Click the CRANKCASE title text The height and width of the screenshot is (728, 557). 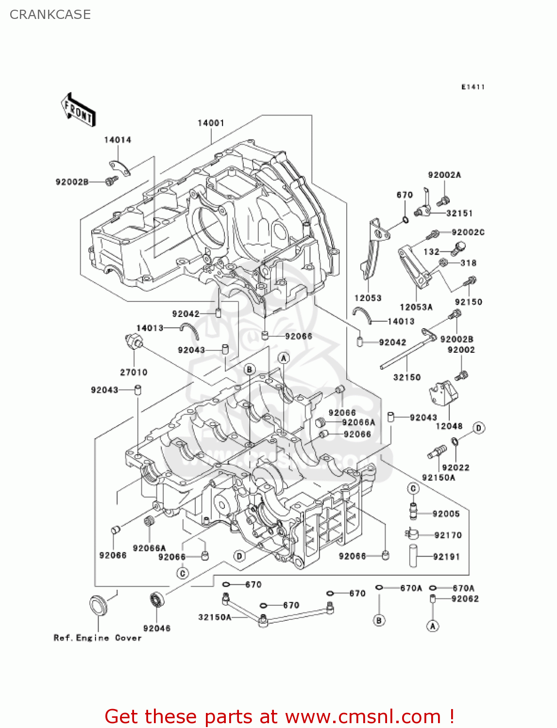(50, 15)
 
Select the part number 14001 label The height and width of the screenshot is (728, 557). (211, 123)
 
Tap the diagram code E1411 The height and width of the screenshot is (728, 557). (473, 87)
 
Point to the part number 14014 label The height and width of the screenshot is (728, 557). (118, 140)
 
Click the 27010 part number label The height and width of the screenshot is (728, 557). (134, 372)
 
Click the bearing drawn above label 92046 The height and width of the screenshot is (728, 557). (157, 600)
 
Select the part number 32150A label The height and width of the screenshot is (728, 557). (215, 617)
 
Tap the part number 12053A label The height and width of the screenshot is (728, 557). (416, 307)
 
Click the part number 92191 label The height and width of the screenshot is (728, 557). (446, 557)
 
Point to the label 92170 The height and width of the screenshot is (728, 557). (448, 535)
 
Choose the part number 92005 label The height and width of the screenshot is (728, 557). (446, 514)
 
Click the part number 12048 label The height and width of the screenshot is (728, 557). (449, 426)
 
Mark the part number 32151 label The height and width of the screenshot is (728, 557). (459, 213)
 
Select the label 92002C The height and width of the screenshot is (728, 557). (468, 232)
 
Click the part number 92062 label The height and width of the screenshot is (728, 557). (465, 599)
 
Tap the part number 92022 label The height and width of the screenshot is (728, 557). (456, 467)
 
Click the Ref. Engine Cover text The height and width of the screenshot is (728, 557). (98, 638)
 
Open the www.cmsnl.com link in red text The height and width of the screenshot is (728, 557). (362, 716)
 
